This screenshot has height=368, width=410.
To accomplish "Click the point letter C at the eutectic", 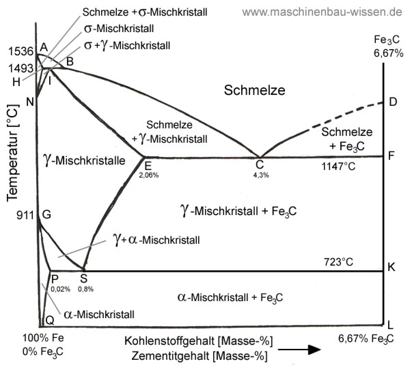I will click(260, 165).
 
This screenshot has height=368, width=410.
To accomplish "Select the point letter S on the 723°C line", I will click(84, 279).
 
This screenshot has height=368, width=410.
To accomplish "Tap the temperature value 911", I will click(26, 215).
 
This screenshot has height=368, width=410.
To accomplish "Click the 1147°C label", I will click(338, 167).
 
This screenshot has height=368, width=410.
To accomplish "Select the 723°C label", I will click(338, 262).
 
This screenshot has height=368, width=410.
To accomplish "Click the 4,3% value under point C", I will click(261, 175).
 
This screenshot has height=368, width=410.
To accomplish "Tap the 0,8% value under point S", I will click(85, 289).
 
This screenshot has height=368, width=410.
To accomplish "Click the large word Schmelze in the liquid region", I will click(255, 90).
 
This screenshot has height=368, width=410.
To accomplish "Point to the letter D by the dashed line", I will click(393, 102).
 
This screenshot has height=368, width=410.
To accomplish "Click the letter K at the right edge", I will click(392, 267).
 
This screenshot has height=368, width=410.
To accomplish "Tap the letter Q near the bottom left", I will click(50, 320).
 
